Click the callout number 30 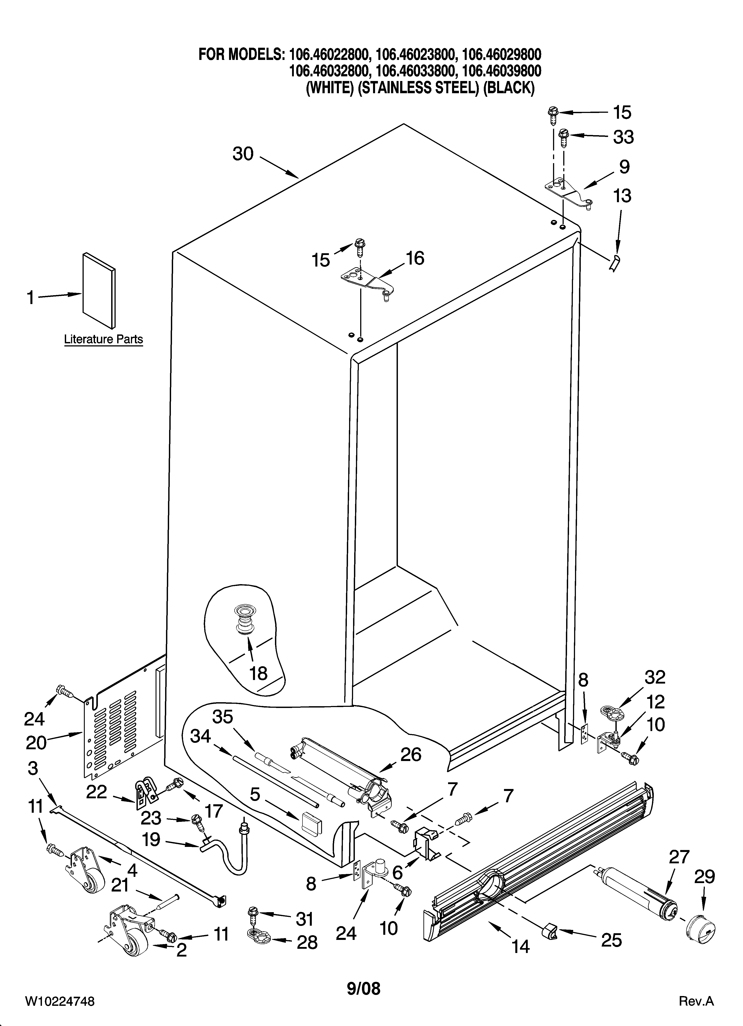coord(243,154)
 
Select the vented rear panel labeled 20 coord(112,723)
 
